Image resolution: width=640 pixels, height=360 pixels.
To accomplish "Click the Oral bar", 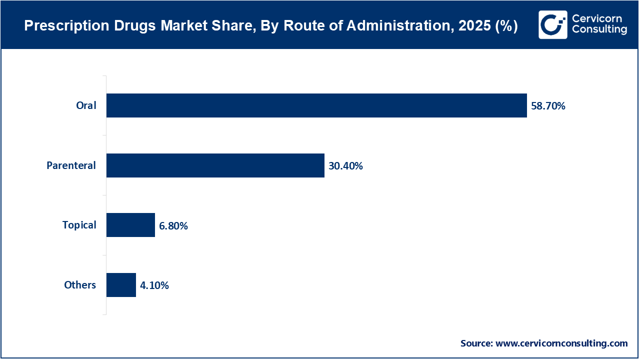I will pyautogui.click(x=316, y=105).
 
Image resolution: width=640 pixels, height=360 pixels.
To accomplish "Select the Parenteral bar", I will pyautogui.click(x=215, y=165).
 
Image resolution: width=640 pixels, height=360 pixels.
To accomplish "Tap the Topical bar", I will pyautogui.click(x=130, y=225).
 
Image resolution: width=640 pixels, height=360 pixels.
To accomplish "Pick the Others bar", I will pyautogui.click(x=121, y=285).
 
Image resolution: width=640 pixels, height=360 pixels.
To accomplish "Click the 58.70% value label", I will pyautogui.click(x=548, y=106).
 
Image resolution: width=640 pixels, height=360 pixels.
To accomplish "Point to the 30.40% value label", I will pyautogui.click(x=345, y=166).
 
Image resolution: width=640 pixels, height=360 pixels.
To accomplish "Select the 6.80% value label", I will pyautogui.click(x=173, y=226).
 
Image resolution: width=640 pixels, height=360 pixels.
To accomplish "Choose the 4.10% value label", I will pyautogui.click(x=154, y=285).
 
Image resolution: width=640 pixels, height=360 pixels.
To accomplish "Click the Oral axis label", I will pyautogui.click(x=86, y=105).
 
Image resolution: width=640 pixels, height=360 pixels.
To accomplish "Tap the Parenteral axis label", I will pyautogui.click(x=71, y=165).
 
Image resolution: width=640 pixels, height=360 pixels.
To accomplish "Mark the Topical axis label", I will pyautogui.click(x=79, y=225).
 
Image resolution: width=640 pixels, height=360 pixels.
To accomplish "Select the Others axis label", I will pyautogui.click(x=80, y=285).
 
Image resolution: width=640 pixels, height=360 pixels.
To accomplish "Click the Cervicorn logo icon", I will pyautogui.click(x=553, y=24).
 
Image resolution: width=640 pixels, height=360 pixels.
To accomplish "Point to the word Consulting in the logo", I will pyautogui.click(x=599, y=30).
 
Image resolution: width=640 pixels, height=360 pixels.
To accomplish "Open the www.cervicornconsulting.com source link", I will pyautogui.click(x=561, y=343).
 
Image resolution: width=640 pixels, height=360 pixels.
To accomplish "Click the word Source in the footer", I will pyautogui.click(x=476, y=343).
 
